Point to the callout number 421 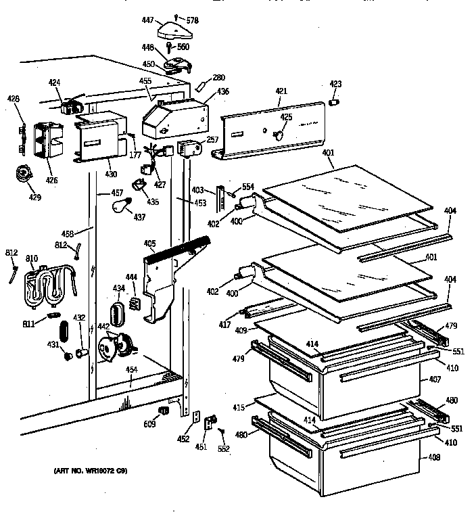[x=282, y=91]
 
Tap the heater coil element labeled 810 [x=46, y=285]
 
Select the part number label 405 [x=149, y=243]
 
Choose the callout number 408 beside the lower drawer [x=433, y=458]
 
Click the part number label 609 [x=149, y=424]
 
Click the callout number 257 [x=213, y=140]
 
